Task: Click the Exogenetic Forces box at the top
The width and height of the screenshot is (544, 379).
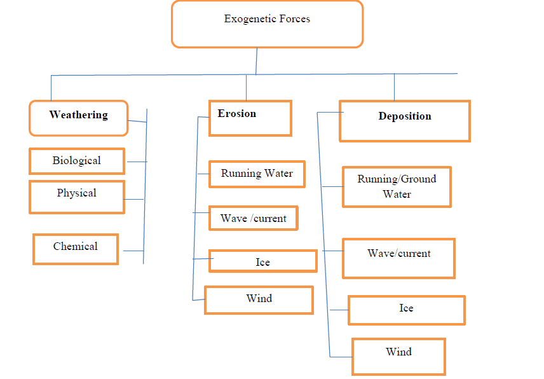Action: (x=267, y=24)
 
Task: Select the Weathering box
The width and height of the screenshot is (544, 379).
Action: (x=78, y=118)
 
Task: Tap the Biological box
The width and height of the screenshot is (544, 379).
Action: (x=76, y=161)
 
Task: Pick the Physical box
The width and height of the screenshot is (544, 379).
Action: (x=76, y=196)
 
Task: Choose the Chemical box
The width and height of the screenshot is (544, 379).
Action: (x=75, y=249)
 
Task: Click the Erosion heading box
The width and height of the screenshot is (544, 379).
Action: (x=250, y=118)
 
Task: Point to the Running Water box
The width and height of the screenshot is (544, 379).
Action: (x=257, y=174)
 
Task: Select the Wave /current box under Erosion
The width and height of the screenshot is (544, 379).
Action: (x=253, y=219)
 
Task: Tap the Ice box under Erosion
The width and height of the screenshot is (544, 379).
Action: (x=262, y=261)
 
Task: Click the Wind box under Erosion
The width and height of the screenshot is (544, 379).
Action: (x=259, y=300)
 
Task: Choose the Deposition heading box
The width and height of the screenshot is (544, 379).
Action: (x=404, y=120)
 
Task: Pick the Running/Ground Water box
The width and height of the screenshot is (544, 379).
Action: (x=397, y=187)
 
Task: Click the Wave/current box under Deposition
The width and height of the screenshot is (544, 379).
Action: (x=398, y=258)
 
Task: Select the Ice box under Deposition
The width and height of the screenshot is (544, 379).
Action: (x=406, y=310)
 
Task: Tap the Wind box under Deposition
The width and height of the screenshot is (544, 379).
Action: (x=398, y=356)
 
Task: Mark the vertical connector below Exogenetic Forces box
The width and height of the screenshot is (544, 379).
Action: (x=257, y=60)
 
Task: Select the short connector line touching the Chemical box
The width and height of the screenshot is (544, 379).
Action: (x=132, y=251)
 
